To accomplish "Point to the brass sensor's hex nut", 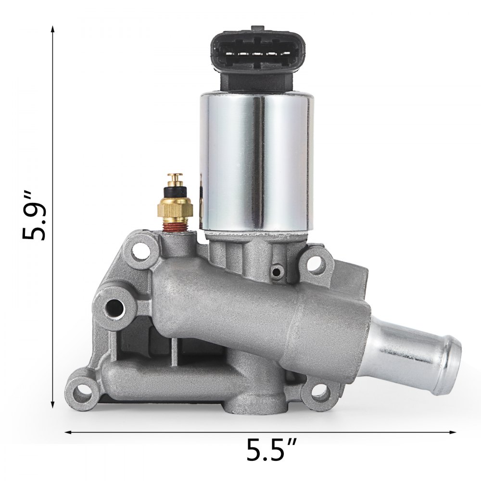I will click(x=174, y=208).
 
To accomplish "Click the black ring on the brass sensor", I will click(x=174, y=191).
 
